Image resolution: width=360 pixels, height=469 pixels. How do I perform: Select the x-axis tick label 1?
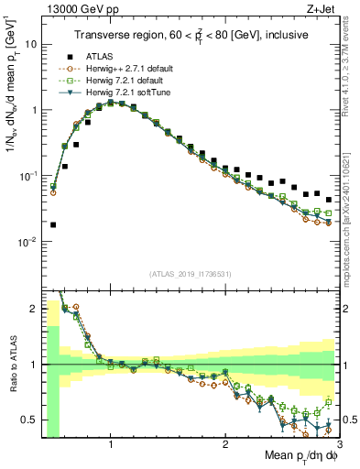point(111,444)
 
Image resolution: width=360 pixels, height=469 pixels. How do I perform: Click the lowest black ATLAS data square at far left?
point(53,224)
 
